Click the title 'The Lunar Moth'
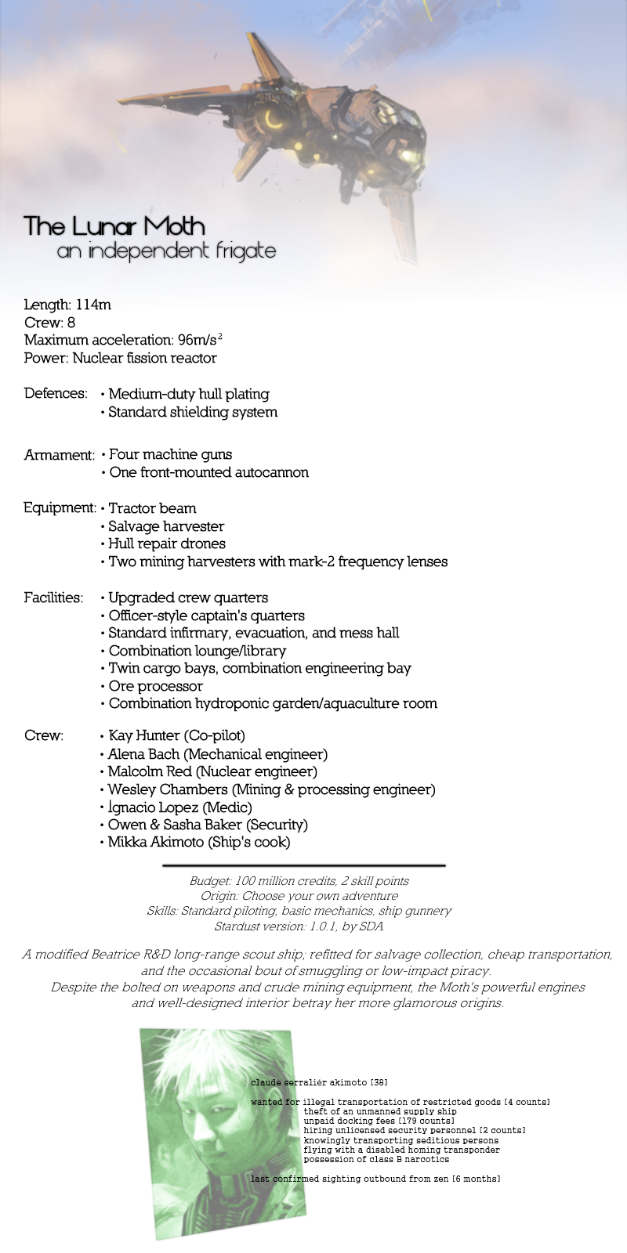(114, 226)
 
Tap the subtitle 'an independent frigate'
(166, 251)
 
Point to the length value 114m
(93, 305)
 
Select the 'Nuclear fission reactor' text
(144, 358)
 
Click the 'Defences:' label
(55, 393)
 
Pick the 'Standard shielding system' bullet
(192, 412)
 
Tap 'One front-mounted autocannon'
(208, 472)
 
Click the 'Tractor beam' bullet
(152, 508)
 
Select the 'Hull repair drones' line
(166, 543)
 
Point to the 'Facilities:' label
(53, 598)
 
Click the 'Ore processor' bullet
(155, 686)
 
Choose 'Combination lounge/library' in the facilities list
(197, 651)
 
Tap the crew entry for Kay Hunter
(176, 735)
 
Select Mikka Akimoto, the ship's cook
(198, 843)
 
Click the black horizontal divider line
(303, 865)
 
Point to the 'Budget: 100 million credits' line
(299, 881)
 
